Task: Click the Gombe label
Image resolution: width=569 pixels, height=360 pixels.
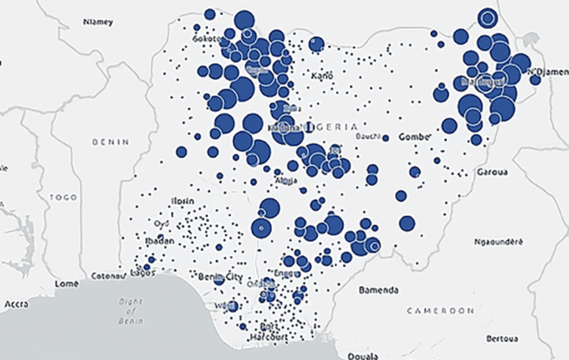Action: tap(413, 137)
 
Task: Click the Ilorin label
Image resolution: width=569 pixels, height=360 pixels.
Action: tap(184, 200)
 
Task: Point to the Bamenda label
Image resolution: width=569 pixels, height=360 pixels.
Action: tap(378, 290)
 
